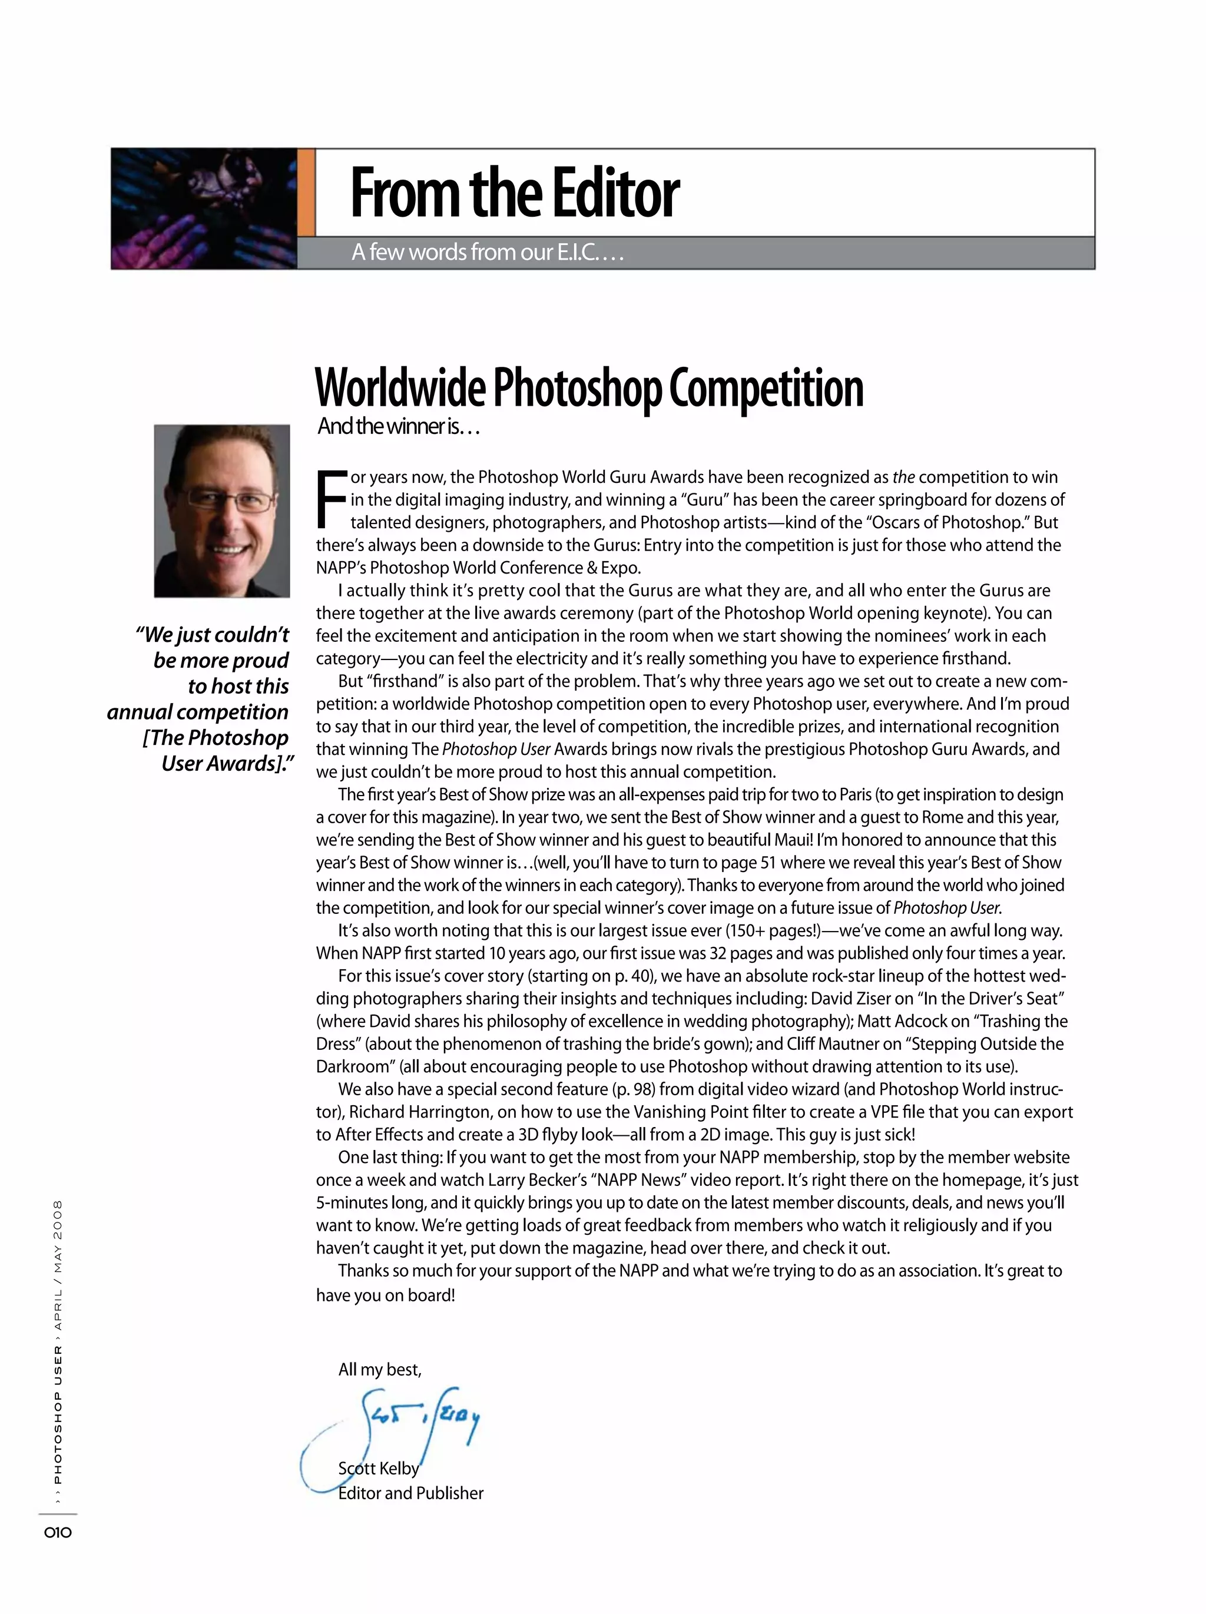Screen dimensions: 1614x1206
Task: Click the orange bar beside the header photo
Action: (x=306, y=193)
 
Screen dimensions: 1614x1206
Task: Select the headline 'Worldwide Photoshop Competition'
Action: (x=589, y=388)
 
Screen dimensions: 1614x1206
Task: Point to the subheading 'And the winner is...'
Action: (x=398, y=427)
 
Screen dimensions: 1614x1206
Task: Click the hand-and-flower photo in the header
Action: (x=204, y=208)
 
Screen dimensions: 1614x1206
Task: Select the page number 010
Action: (x=58, y=1532)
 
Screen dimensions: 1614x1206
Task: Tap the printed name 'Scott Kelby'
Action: (x=379, y=1468)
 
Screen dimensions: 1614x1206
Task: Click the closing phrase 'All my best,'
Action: (x=379, y=1370)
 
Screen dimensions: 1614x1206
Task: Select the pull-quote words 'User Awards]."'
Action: (x=228, y=764)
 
